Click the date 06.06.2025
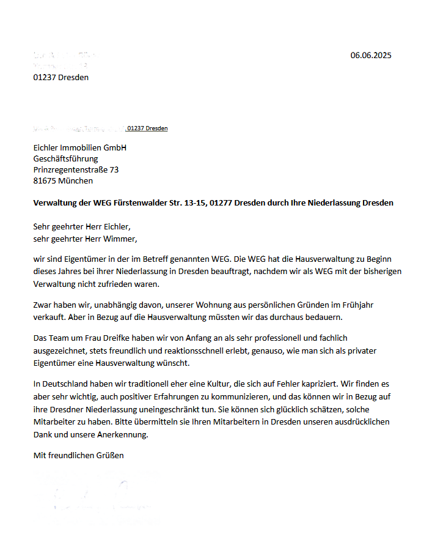click(370, 56)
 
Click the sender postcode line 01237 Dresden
click(61, 77)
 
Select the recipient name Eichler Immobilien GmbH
click(80, 147)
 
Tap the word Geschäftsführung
click(65, 158)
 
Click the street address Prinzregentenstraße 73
click(76, 169)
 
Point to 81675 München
click(63, 180)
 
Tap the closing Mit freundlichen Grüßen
click(78, 455)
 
